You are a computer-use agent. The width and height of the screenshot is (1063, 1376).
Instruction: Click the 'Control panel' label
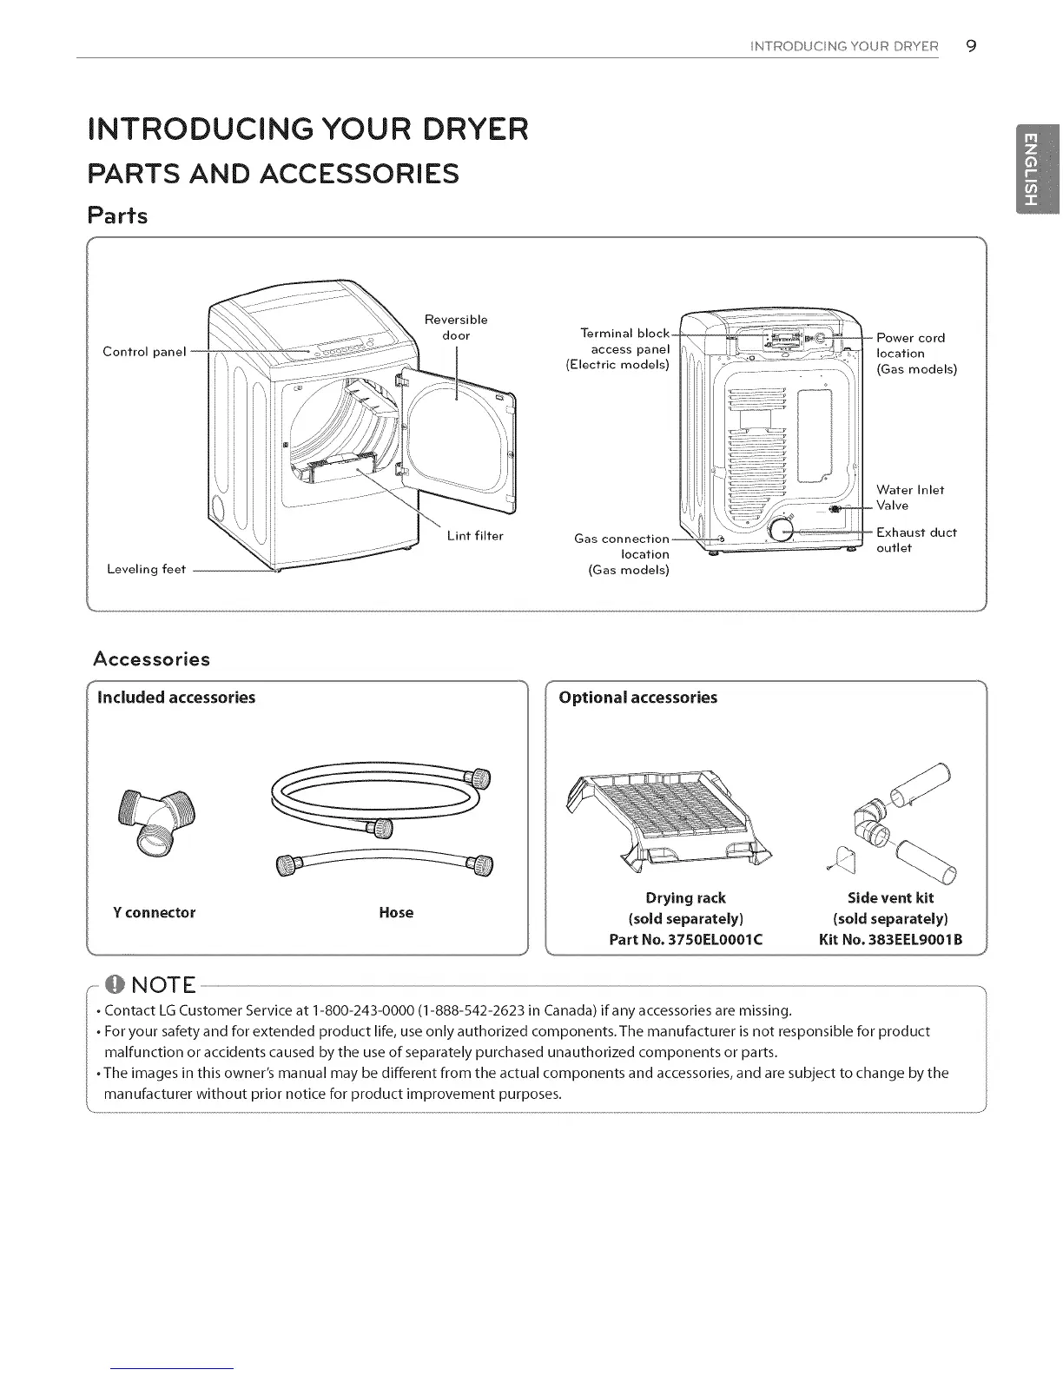(144, 352)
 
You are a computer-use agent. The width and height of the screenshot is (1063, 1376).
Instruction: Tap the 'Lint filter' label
(474, 536)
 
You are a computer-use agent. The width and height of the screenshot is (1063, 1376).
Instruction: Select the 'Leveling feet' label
(146, 570)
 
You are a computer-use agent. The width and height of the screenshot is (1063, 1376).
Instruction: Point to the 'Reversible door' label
(456, 327)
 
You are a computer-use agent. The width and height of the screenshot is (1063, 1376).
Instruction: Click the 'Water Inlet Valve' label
(909, 498)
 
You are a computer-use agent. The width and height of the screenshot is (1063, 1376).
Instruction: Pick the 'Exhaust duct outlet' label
(916, 540)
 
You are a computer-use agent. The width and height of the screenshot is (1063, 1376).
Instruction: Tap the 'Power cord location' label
(915, 353)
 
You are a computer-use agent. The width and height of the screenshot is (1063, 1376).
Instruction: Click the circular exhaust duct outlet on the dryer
(782, 531)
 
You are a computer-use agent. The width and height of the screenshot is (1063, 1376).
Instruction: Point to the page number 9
(971, 46)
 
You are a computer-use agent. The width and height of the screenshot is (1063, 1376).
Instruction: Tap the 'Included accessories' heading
(176, 698)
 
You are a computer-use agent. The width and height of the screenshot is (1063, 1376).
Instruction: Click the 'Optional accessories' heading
(638, 698)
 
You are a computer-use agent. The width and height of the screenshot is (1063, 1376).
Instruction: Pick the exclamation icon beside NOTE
(114, 985)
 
